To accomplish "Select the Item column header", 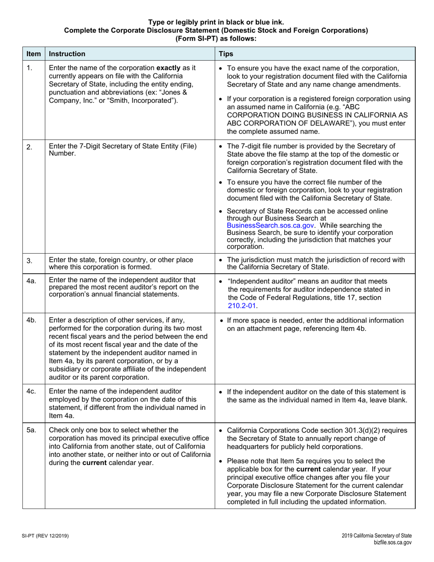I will coord(33,54).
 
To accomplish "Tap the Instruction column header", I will coord(67,54).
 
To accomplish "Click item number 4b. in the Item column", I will coord(31,320).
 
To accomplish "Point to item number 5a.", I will coord(31,430).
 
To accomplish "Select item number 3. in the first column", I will coord(29,261).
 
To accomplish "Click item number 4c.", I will coord(31,392).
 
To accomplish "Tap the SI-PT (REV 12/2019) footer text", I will coord(45,535).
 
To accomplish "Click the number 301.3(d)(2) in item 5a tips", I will coord(351,430).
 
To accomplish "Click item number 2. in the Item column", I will coord(29,147).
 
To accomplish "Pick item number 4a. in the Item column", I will coord(31,281).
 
